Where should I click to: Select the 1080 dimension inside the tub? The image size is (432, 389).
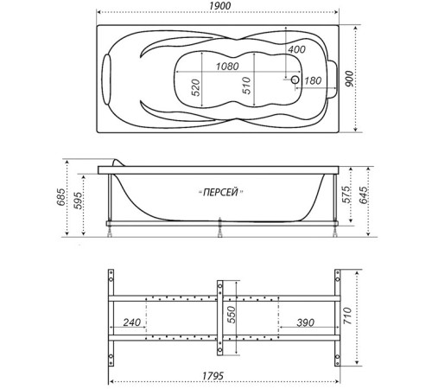coord(226,67)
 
